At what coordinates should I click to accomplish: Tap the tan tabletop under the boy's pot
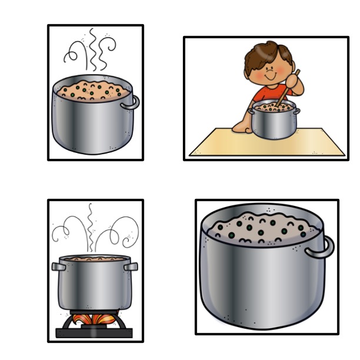coord(224,144)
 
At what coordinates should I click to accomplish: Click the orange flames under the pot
coord(94,320)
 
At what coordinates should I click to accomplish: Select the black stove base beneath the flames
coord(94,333)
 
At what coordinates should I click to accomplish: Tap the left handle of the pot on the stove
coord(58,266)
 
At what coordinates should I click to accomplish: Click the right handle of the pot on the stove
coord(131,266)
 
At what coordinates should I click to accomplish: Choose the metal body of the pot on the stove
coord(94,285)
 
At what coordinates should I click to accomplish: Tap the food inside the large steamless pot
coord(259,226)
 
